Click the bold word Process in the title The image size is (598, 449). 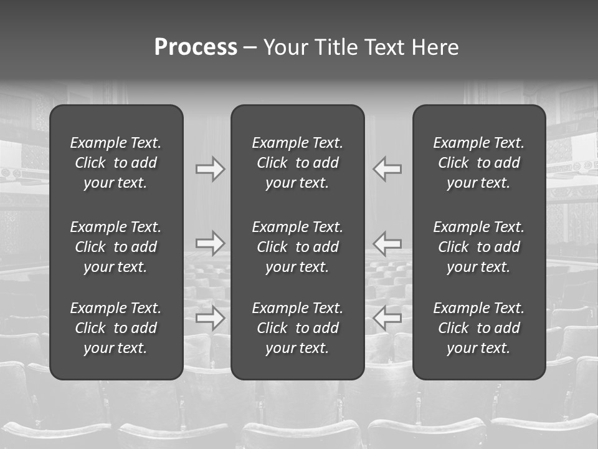[196, 47]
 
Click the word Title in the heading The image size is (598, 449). [334, 47]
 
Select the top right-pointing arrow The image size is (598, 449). [210, 169]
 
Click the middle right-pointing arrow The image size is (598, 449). [210, 243]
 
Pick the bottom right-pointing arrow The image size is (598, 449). [210, 318]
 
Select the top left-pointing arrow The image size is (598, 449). [387, 169]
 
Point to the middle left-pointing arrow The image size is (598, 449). [387, 243]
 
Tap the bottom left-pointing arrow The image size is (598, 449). [387, 318]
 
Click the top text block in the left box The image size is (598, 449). [116, 163]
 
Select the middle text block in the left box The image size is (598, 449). [116, 247]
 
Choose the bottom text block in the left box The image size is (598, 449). [116, 328]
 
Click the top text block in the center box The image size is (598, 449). [297, 163]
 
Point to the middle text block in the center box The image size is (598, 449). [297, 247]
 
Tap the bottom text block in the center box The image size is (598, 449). [297, 328]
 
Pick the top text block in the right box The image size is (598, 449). [478, 163]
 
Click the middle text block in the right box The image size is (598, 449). [478, 247]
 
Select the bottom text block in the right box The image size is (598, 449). [478, 328]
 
